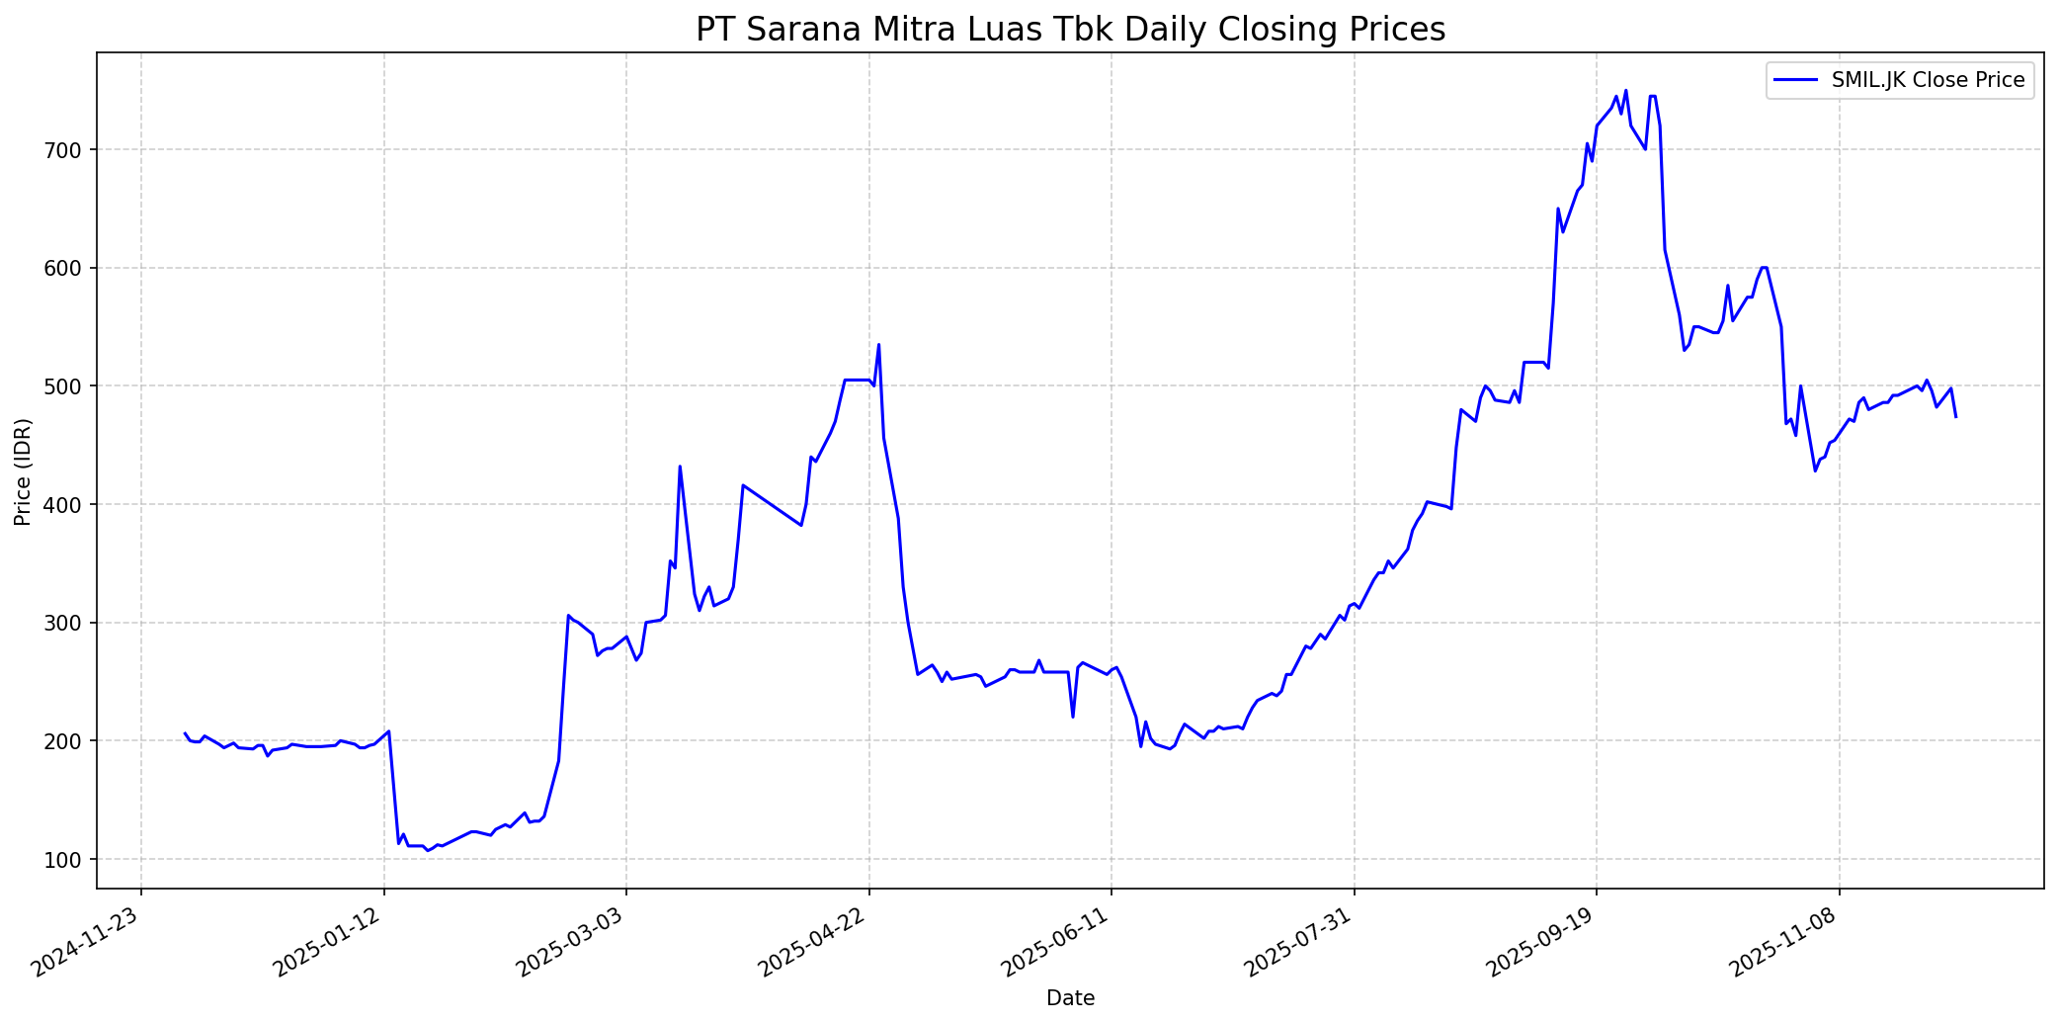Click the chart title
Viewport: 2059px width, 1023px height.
point(1070,30)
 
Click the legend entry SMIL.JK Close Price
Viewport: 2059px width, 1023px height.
point(1928,80)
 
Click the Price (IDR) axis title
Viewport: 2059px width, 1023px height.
point(23,471)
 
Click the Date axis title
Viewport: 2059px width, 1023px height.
point(1070,998)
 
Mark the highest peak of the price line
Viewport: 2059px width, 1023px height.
point(1625,90)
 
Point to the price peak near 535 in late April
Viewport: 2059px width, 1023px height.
point(878,345)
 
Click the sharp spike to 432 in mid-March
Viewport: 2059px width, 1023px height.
point(680,466)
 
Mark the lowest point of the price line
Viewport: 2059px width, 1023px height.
point(428,851)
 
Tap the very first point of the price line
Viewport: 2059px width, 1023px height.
point(185,733)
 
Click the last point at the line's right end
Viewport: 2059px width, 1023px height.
point(1955,417)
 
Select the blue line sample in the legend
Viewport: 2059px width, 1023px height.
point(1797,80)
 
